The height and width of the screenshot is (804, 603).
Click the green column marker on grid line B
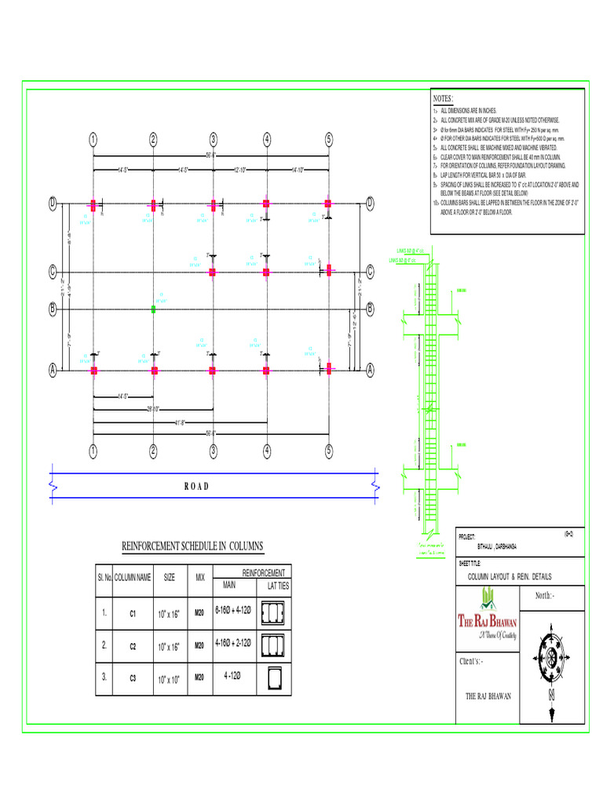154,310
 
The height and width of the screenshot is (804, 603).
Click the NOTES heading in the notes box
443,99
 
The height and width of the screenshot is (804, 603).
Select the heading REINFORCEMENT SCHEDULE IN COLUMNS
192,546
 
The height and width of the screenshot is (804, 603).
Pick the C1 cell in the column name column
133,613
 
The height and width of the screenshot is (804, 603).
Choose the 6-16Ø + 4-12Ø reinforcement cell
232,611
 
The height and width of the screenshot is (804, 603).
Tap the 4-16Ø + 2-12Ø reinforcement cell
232,643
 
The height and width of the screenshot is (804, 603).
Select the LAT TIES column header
278,586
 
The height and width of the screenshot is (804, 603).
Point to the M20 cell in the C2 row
199,645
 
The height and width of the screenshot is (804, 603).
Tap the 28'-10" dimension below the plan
154,409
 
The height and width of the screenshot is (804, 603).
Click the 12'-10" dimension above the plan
240,170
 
